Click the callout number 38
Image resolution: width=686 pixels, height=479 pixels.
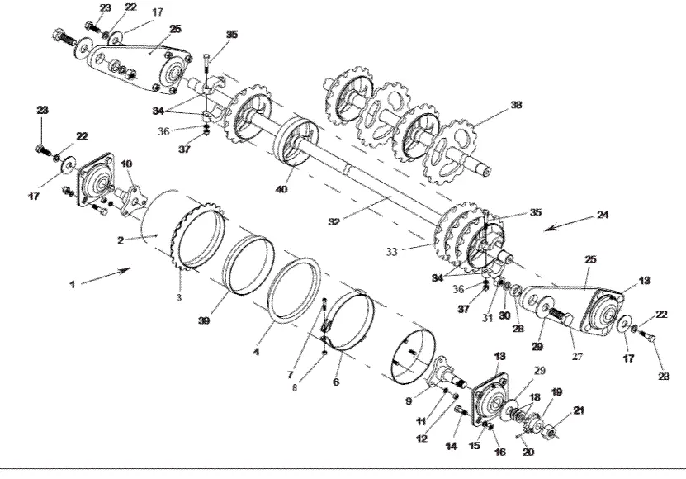pyautogui.click(x=516, y=105)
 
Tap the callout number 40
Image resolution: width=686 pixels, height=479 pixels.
pyautogui.click(x=281, y=189)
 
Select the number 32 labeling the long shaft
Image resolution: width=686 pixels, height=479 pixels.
pyautogui.click(x=334, y=222)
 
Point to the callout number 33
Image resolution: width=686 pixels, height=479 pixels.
pyautogui.click(x=391, y=252)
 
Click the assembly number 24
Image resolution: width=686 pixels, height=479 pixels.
pyautogui.click(x=603, y=215)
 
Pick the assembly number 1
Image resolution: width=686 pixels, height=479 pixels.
pyautogui.click(x=72, y=285)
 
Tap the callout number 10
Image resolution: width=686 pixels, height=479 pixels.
pyautogui.click(x=126, y=164)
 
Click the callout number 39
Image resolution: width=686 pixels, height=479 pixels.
pyautogui.click(x=203, y=321)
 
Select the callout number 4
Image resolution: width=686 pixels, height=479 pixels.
pyautogui.click(x=257, y=352)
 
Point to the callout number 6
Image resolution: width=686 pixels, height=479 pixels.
pyautogui.click(x=335, y=382)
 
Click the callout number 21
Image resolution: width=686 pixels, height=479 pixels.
pyautogui.click(x=579, y=410)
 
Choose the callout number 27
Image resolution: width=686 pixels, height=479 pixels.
pyautogui.click(x=577, y=357)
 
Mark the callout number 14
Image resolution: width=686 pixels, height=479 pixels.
pyautogui.click(x=451, y=446)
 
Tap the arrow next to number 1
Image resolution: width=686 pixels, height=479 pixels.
pyautogui.click(x=106, y=277)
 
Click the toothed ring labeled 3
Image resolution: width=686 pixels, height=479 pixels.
pyautogui.click(x=198, y=236)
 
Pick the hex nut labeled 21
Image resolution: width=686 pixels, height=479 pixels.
pyautogui.click(x=550, y=432)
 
